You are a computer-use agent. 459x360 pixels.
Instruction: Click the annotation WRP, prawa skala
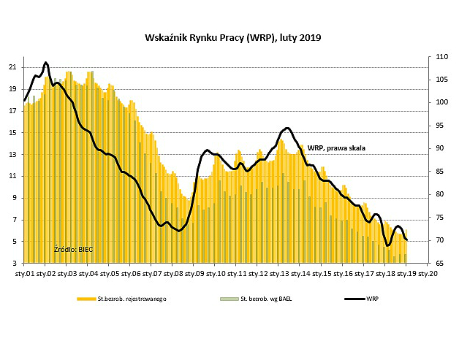click(336, 148)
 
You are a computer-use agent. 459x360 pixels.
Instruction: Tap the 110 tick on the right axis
click(441, 56)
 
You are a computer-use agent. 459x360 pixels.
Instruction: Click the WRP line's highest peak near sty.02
click(45, 63)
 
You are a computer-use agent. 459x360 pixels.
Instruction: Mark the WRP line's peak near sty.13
click(287, 129)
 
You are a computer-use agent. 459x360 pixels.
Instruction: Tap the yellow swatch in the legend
click(86, 299)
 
